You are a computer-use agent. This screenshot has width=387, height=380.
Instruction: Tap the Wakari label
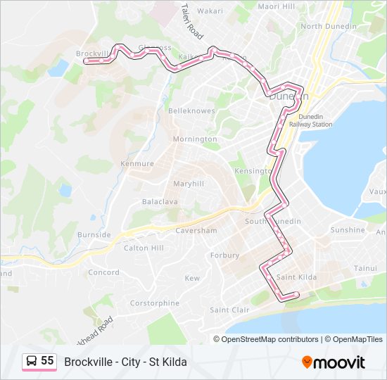[x=210, y=11]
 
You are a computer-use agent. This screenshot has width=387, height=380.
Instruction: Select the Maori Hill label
[x=277, y=6]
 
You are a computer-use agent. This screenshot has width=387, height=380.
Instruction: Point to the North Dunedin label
[x=325, y=27]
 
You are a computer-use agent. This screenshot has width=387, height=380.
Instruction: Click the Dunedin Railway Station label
[x=315, y=120]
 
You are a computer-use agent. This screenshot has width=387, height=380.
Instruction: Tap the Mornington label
[x=195, y=139]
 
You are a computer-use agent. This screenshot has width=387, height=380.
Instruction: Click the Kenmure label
[x=137, y=163]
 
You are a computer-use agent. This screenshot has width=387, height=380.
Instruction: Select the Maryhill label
[x=189, y=184]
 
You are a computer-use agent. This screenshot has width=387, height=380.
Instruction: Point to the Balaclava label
[x=160, y=201]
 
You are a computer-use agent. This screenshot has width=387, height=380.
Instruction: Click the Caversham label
[x=196, y=230]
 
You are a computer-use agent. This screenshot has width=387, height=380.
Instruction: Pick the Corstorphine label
[x=154, y=303]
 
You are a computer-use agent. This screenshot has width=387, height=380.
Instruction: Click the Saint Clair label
[x=229, y=310]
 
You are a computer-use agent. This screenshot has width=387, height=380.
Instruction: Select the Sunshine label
[x=348, y=230]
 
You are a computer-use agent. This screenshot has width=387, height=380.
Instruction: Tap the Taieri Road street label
[x=191, y=21]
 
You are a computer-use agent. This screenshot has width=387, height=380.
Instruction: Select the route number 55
[x=47, y=361]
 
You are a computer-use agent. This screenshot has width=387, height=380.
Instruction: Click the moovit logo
[x=334, y=362]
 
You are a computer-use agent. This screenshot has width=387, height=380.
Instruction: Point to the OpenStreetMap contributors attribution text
[x=270, y=339]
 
